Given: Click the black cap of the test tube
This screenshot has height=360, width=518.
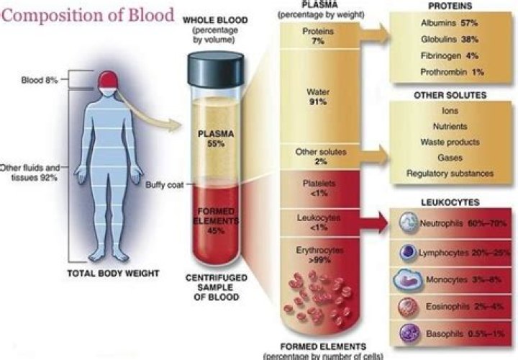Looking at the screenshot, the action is (216, 69).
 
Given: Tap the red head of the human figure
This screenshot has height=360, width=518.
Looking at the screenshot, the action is (108, 80).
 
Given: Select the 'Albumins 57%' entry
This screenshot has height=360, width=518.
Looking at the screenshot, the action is (449, 23).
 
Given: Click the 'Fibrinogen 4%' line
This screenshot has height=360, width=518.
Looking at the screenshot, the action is (449, 55).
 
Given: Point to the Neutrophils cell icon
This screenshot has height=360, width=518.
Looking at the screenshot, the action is (409, 222).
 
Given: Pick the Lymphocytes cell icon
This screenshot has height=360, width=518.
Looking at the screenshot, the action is (409, 253).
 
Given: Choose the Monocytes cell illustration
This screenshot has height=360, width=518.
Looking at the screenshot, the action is (408, 280).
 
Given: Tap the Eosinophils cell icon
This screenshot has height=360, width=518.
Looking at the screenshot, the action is (409, 307).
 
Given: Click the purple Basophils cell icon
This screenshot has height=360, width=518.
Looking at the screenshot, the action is (409, 333).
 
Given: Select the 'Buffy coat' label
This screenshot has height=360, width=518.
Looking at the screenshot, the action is (165, 185).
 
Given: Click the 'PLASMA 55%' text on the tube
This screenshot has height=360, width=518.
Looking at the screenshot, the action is (216, 139).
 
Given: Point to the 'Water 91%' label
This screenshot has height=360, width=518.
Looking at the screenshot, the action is (318, 96).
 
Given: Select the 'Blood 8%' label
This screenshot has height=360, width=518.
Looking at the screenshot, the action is (40, 80).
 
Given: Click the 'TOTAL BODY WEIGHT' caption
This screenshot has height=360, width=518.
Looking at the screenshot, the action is (114, 274).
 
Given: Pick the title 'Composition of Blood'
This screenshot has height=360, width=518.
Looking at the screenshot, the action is (88, 15).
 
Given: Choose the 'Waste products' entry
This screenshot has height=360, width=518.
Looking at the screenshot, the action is (450, 142).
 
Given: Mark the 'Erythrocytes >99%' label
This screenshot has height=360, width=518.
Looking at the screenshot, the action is (319, 255).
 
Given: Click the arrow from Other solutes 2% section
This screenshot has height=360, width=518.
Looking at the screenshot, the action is (374, 156).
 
